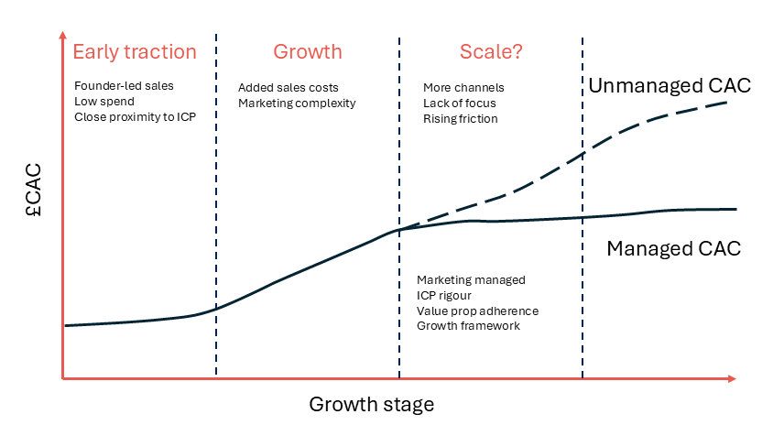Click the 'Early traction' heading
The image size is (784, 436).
(x=135, y=51)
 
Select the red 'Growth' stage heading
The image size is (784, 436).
(x=308, y=51)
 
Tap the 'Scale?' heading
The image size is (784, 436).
(x=491, y=51)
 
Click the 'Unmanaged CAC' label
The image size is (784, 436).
(x=670, y=85)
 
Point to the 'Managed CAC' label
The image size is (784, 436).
(x=673, y=248)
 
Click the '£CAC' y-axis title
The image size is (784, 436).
(x=34, y=190)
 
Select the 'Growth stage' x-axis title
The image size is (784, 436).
(x=372, y=405)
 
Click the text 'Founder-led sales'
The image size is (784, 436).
(x=124, y=85)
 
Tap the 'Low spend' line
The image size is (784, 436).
(x=104, y=102)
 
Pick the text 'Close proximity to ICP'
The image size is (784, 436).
(x=135, y=117)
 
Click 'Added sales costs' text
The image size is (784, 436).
(x=288, y=88)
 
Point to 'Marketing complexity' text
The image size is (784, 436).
(x=297, y=103)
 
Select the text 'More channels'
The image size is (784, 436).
(x=463, y=88)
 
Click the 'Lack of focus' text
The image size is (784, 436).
(x=460, y=103)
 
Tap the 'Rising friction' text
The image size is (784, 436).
(x=461, y=118)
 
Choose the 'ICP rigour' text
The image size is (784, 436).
(x=444, y=296)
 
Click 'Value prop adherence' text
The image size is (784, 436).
(x=477, y=311)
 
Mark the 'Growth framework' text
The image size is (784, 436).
(x=468, y=326)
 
